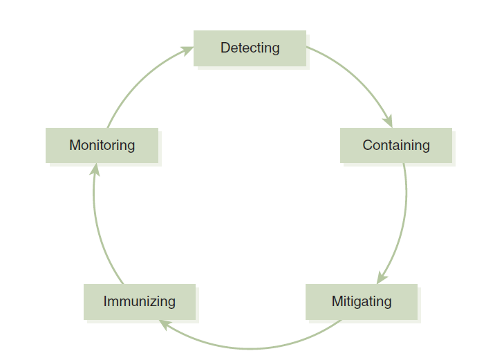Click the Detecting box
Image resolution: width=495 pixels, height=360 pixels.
tap(250, 48)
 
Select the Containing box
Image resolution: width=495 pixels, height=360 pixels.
tap(395, 145)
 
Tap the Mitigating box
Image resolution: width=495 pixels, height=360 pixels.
tap(361, 301)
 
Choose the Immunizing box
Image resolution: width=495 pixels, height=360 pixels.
tap(139, 301)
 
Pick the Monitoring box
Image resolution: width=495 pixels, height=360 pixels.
tap(102, 145)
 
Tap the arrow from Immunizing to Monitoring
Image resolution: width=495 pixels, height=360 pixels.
tap(98, 228)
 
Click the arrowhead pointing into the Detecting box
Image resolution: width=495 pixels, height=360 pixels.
tap(187, 50)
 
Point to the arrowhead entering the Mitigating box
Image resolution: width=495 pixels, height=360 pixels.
tap(381, 277)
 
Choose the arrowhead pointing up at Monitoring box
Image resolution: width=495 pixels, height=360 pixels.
tap(95, 169)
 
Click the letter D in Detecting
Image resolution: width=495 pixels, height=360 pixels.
tap(225, 48)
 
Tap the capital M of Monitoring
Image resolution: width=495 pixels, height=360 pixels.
tap(74, 145)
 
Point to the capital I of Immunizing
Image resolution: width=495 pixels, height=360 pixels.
tap(105, 301)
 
